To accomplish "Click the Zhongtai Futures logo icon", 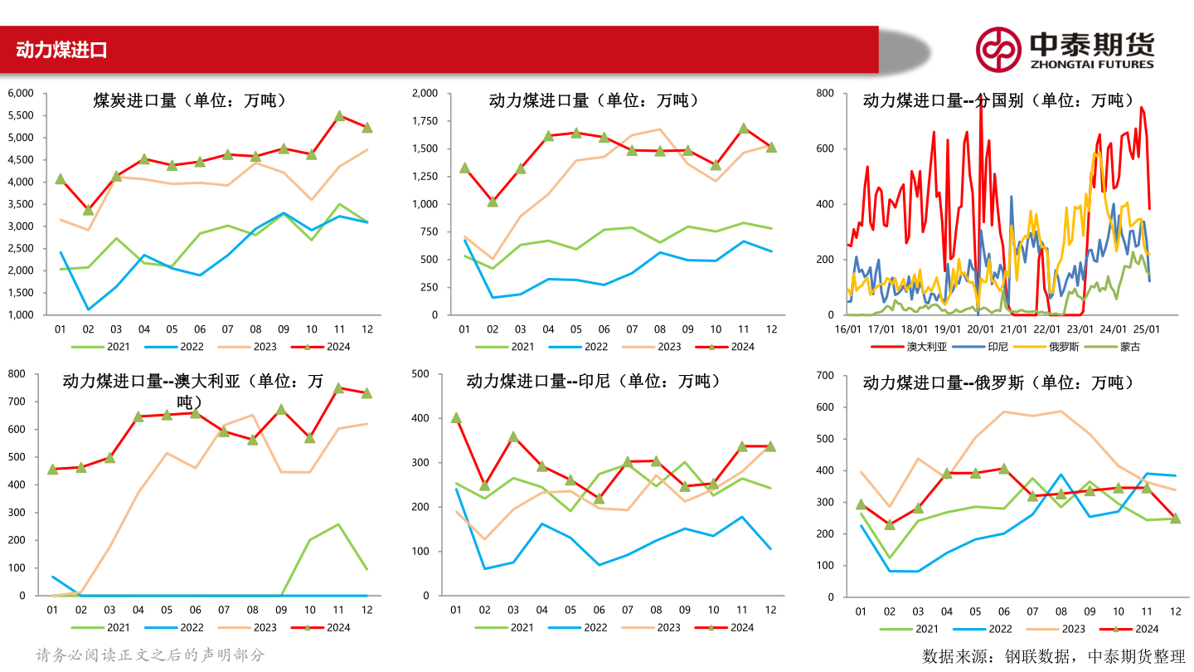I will [x=997, y=49].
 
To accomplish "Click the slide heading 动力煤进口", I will [x=61, y=51].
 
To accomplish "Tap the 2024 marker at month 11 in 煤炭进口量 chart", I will [x=339, y=116].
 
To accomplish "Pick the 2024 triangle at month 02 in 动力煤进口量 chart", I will [x=493, y=201].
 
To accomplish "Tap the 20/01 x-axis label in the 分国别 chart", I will [x=980, y=329].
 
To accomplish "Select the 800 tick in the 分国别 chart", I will [x=823, y=93].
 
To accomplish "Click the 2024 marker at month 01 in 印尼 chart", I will [x=456, y=417].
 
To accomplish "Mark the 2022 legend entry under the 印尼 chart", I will [x=583, y=628].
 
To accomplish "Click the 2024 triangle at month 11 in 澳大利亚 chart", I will [x=338, y=387].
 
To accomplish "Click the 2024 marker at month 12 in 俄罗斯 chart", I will [x=1175, y=518].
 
